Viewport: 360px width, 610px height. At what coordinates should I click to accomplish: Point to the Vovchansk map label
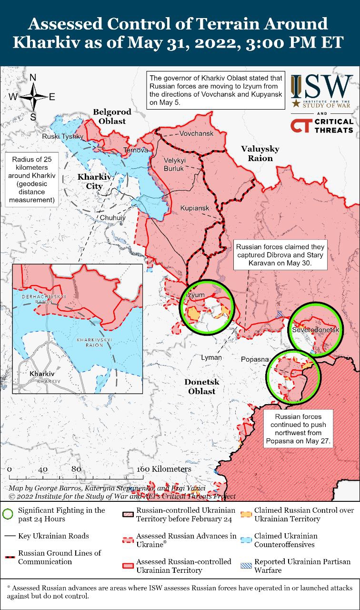(x=196, y=133)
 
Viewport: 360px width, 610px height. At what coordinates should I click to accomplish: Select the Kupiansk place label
(x=194, y=209)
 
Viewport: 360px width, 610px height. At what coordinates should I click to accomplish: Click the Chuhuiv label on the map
(x=113, y=217)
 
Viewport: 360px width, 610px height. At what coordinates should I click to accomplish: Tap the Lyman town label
(x=211, y=357)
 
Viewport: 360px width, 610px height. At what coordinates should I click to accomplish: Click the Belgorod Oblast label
(x=112, y=116)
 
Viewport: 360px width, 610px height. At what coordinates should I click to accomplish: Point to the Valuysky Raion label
(x=260, y=153)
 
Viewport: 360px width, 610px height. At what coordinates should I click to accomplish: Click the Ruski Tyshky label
(x=63, y=136)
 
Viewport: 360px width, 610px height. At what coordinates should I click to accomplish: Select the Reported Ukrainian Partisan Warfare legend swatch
(x=246, y=566)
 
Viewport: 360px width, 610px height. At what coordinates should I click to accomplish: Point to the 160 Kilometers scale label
(x=164, y=469)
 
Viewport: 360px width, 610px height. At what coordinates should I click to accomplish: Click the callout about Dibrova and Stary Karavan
(x=280, y=255)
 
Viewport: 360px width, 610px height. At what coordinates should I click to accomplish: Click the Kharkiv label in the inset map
(x=41, y=374)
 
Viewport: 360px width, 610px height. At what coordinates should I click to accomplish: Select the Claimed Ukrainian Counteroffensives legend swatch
(x=246, y=540)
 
